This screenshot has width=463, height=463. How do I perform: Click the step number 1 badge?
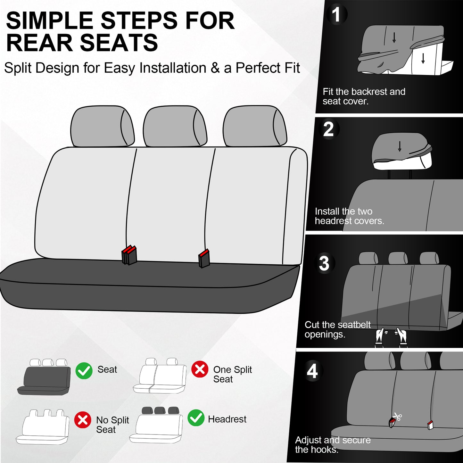(336, 15)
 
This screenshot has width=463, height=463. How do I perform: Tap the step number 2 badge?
(329, 129)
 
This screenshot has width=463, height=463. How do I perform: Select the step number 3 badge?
(324, 263)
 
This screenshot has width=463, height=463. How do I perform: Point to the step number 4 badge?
(312, 371)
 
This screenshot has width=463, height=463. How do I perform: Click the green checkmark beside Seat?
(84, 371)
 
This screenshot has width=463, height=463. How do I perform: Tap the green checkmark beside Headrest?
(196, 418)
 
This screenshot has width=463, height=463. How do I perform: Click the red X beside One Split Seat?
(200, 369)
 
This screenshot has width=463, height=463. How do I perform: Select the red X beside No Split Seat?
(83, 420)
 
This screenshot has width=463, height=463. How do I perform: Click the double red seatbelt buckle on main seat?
(129, 255)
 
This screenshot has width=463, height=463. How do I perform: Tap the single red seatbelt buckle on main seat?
(204, 258)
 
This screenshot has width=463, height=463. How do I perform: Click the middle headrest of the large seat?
(175, 126)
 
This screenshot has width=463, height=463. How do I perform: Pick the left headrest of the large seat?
(102, 126)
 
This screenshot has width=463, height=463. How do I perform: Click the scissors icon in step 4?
(398, 417)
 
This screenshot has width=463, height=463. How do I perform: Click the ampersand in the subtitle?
(215, 68)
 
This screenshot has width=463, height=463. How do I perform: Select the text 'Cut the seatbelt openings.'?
(337, 329)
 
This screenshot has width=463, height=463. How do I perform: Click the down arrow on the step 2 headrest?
(400, 146)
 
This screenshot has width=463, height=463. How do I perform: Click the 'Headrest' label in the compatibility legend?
(227, 419)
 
